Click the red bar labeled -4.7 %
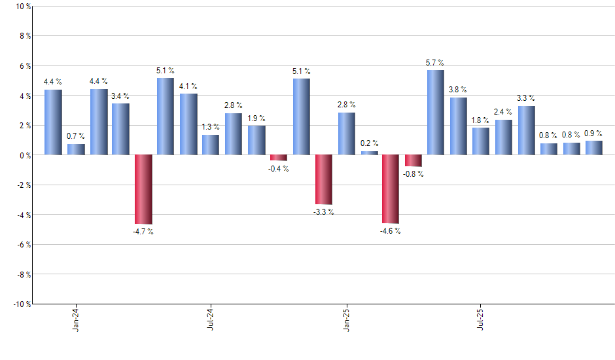click(143, 189)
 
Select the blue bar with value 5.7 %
click(435, 112)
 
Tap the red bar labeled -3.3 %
click(324, 179)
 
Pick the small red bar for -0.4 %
click(279, 158)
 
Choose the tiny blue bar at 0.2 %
click(369, 153)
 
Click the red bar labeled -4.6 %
click(391, 189)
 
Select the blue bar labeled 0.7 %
click(76, 149)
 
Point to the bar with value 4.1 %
click(188, 124)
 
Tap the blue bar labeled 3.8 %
click(459, 126)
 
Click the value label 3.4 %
click(120, 96)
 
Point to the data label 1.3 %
click(211, 127)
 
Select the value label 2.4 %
click(503, 112)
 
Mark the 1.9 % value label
click(256, 118)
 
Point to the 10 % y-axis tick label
click(22, 7)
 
